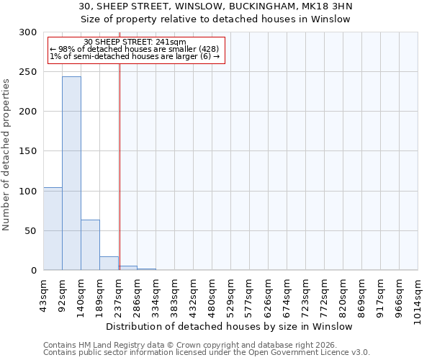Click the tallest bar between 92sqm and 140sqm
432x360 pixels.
pos(71,173)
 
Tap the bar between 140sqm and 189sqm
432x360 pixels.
pos(90,245)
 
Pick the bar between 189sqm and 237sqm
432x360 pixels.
pos(109,264)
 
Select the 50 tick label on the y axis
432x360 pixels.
pos(32,231)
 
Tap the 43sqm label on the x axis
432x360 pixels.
pos(44,294)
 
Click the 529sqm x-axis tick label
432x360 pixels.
pos(231,295)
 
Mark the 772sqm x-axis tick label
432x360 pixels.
pos(325,295)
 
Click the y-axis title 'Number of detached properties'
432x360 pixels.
pos(7,155)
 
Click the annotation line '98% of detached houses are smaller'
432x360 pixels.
pos(132,49)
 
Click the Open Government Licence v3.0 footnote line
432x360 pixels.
pos(207,353)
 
